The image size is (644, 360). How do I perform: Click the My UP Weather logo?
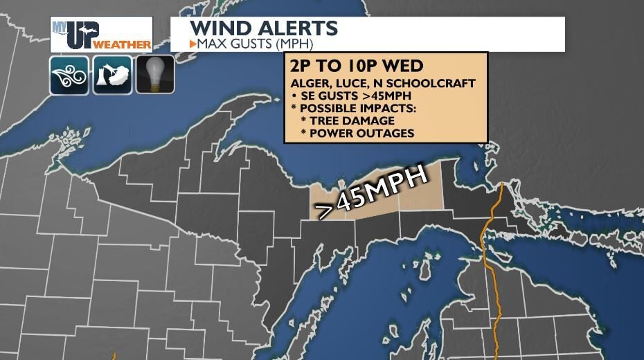tap(102, 35)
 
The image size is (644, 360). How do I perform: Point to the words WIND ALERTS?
tap(264, 28)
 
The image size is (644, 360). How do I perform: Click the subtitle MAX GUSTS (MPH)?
tap(255, 44)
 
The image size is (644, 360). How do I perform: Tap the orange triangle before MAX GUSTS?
tap(193, 44)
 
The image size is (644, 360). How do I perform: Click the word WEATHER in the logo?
tap(122, 44)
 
